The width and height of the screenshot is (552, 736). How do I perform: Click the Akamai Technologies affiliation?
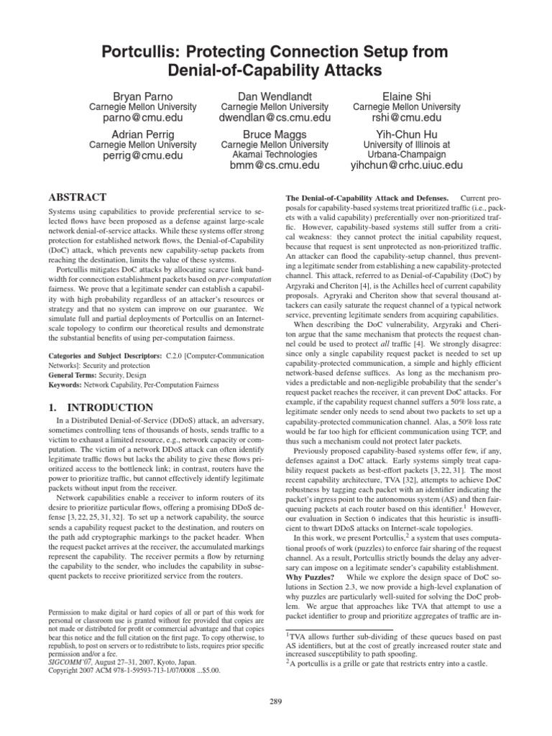[x=276, y=155]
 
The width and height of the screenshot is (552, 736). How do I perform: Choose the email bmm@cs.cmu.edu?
[x=276, y=166]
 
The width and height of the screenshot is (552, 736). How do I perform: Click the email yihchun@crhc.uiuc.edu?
[x=408, y=166]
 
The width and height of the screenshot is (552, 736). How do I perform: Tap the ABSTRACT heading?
[x=77, y=197]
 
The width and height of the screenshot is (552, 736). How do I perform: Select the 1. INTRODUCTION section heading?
[x=100, y=408]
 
